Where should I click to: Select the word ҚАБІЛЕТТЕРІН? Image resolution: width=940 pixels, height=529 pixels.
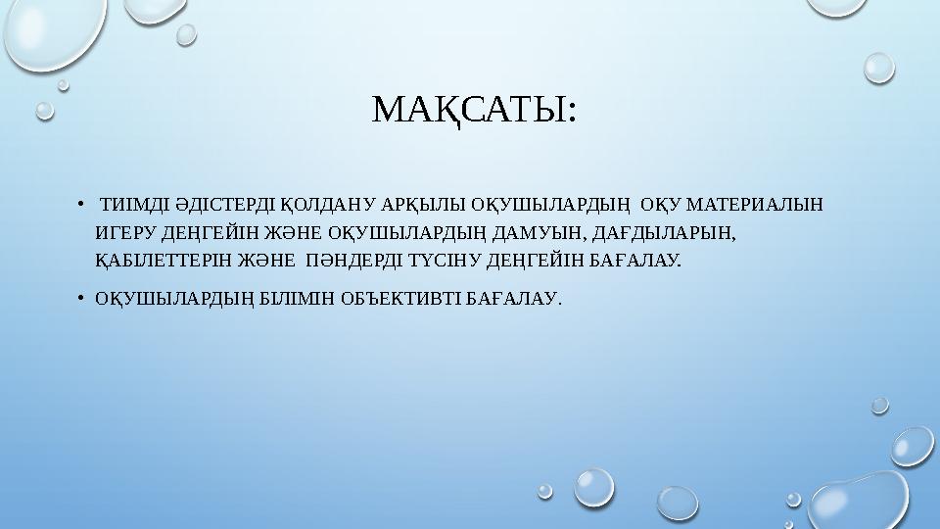pos(161,263)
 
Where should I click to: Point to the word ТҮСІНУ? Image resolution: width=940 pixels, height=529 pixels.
pos(443,263)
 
